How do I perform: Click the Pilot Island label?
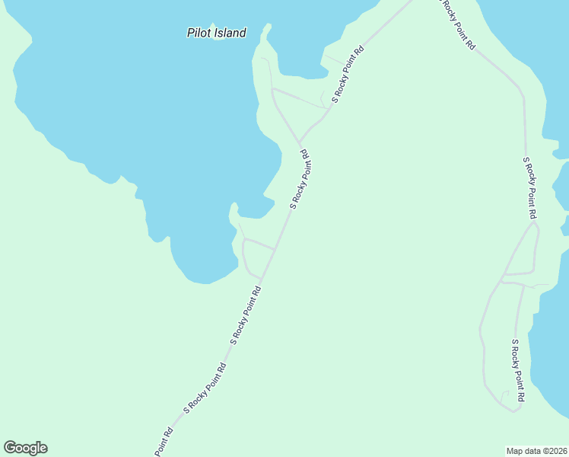tap(217, 33)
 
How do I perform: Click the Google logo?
tap(26, 448)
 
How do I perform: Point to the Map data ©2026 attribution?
tap(537, 450)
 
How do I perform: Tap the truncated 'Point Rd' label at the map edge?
tap(164, 442)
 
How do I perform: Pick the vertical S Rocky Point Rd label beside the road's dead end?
tap(517, 370)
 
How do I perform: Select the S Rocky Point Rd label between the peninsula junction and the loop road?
tap(299, 179)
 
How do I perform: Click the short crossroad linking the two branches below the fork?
tap(519, 273)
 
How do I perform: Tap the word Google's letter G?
tap(11, 448)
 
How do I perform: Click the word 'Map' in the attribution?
tap(515, 450)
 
